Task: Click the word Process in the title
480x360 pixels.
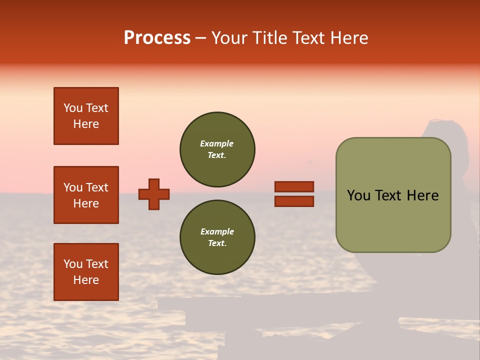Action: click(157, 38)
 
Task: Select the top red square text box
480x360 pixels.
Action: click(86, 116)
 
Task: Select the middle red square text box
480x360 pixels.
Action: click(86, 195)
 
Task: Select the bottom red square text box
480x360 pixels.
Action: click(86, 272)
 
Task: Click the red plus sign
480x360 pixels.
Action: click(154, 194)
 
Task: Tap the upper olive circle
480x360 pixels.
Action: click(217, 149)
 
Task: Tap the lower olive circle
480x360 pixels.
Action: click(217, 237)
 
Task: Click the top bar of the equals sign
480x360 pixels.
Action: click(294, 187)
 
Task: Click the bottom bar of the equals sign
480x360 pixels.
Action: click(294, 201)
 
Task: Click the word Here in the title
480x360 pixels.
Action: click(347, 38)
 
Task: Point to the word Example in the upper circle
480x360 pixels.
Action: click(217, 143)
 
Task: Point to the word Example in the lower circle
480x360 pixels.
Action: click(217, 231)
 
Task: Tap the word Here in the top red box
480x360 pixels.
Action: click(86, 124)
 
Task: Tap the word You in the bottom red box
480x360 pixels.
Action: click(73, 264)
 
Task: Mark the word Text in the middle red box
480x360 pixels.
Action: click(97, 187)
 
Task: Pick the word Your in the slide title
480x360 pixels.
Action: click(229, 38)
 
